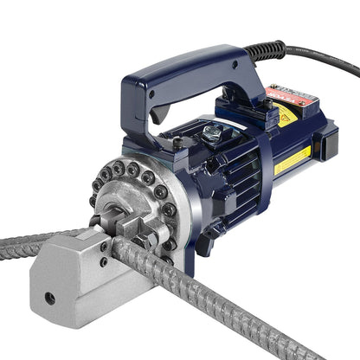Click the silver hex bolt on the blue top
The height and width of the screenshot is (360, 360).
(x=212, y=131)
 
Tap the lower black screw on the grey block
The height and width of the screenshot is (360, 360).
(x=103, y=261)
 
